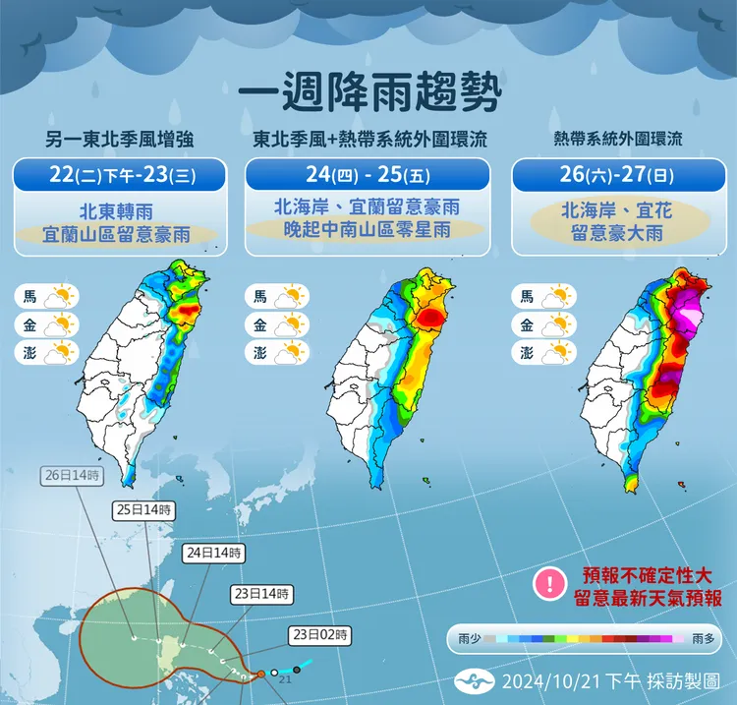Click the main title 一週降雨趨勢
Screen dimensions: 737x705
pyautogui.click(x=368, y=95)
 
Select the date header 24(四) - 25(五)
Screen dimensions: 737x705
pyautogui.click(x=367, y=176)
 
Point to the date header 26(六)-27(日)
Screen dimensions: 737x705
pyautogui.click(x=615, y=176)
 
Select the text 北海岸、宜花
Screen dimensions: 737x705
pyautogui.click(x=615, y=209)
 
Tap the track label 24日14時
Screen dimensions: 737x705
pyautogui.click(x=213, y=553)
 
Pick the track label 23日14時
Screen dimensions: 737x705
pyautogui.click(x=263, y=594)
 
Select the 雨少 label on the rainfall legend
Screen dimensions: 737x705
pyautogui.click(x=470, y=639)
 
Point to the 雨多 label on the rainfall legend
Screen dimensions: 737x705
pyautogui.click(x=704, y=639)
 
